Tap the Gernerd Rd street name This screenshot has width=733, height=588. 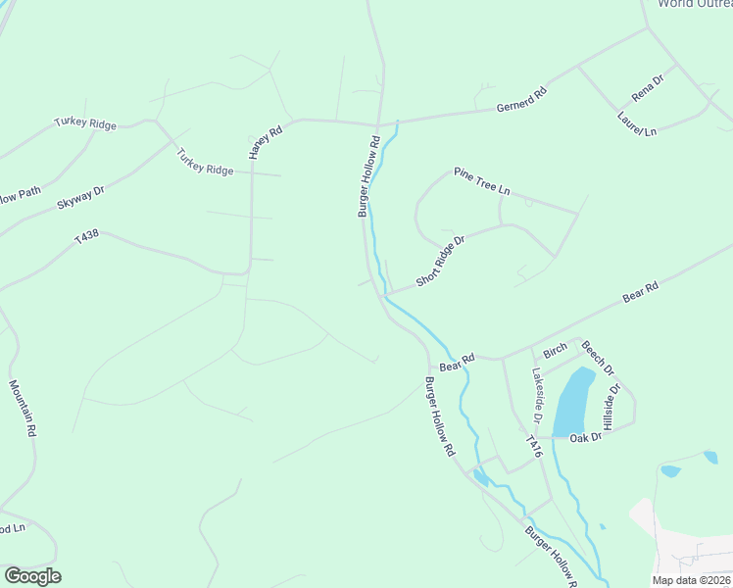point(521,99)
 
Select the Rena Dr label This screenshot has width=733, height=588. point(649,88)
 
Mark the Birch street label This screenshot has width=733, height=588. point(556,351)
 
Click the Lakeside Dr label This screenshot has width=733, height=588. point(538,390)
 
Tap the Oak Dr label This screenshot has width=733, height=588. point(585,437)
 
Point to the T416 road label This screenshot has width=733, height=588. point(534,447)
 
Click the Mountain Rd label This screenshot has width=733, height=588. point(24,409)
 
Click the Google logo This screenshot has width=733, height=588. point(32,576)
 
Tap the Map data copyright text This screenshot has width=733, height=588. point(692,580)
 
